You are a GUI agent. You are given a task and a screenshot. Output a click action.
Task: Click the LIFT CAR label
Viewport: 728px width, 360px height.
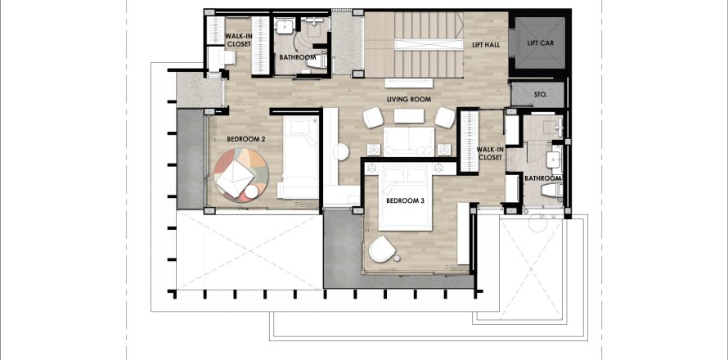pyautogui.click(x=541, y=43)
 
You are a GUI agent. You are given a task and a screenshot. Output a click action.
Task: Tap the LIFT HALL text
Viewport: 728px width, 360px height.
pyautogui.click(x=486, y=45)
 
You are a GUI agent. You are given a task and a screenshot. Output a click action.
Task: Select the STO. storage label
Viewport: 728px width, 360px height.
pyautogui.click(x=541, y=94)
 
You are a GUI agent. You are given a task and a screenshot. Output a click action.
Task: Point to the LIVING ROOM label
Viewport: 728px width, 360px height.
pyautogui.click(x=409, y=99)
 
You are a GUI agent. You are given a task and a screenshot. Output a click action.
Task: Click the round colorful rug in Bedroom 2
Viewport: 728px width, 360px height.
pyautogui.click(x=241, y=175)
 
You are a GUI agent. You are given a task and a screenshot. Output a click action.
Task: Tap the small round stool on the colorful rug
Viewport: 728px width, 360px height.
pyautogui.click(x=252, y=191)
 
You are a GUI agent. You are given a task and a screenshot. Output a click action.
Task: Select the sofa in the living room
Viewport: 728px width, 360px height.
pyautogui.click(x=408, y=142)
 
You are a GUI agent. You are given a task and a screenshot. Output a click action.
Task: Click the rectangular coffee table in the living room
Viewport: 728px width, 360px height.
pyautogui.click(x=409, y=115)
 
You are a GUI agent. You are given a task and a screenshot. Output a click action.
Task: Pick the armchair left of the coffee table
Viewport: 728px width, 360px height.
pyautogui.click(x=373, y=118)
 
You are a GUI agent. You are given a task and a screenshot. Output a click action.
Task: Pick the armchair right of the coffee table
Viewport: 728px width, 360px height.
pyautogui.click(x=445, y=118)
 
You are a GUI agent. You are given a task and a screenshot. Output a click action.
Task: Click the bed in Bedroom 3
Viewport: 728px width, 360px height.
pyautogui.click(x=406, y=200)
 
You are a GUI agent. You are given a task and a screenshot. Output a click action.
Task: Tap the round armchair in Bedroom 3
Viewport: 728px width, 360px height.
pyautogui.click(x=382, y=250)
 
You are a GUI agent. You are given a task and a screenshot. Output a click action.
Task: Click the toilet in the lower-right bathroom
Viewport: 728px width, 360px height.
pyautogui.click(x=552, y=190)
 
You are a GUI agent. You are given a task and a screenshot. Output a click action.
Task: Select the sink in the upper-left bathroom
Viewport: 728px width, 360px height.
pyautogui.click(x=284, y=26)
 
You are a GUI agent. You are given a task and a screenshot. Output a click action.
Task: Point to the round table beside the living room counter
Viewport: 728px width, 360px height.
pyautogui.click(x=342, y=152)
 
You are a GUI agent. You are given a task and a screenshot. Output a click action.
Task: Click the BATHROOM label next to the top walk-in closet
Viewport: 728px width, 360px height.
pyautogui.click(x=298, y=57)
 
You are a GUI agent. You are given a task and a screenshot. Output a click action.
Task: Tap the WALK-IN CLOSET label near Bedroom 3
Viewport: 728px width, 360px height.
pyautogui.click(x=489, y=154)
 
